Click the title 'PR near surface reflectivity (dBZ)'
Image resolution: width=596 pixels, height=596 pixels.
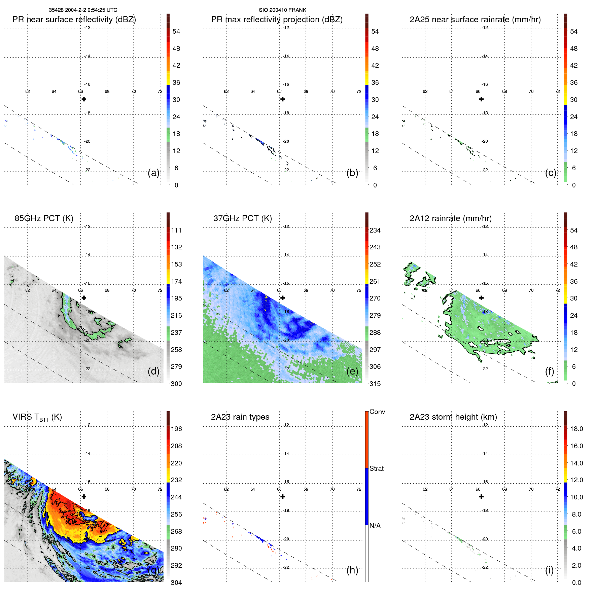pyautogui.click(x=74, y=20)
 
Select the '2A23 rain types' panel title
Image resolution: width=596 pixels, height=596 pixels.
pyautogui.click(x=240, y=417)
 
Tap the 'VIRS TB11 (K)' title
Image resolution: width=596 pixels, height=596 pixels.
pyautogui.click(x=37, y=417)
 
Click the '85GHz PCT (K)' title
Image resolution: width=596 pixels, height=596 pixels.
pyautogui.click(x=44, y=218)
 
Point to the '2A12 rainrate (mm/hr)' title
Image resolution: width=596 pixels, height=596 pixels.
pyautogui.click(x=450, y=218)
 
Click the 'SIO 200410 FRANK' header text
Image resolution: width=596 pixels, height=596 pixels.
pyautogui.click(x=282, y=10)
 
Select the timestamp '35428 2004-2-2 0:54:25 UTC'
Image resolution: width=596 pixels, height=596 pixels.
pyautogui.click(x=83, y=10)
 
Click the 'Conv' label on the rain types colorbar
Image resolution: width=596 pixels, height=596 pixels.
pyautogui.click(x=377, y=412)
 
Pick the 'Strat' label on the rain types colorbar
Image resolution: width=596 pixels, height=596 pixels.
pyautogui.click(x=376, y=468)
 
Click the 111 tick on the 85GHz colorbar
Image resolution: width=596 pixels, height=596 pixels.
pyautogui.click(x=176, y=230)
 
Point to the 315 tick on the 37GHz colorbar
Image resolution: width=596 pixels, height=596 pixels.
pyautogui.click(x=375, y=384)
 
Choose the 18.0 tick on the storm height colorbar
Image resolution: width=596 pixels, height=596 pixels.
pyautogui.click(x=576, y=429)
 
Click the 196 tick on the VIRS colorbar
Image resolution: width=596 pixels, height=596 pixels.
pyautogui.click(x=176, y=429)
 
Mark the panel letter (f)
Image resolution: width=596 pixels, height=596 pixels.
pyautogui.click(x=549, y=371)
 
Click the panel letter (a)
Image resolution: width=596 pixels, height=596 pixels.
pyautogui.click(x=153, y=173)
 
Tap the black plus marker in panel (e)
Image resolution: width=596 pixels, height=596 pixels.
pyautogui.click(x=283, y=298)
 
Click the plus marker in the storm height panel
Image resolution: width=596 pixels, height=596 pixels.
pyautogui.click(x=481, y=497)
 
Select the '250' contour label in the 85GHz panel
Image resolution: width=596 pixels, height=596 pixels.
pyautogui.click(x=83, y=331)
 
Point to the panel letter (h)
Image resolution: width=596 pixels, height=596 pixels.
pyautogui.click(x=352, y=570)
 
